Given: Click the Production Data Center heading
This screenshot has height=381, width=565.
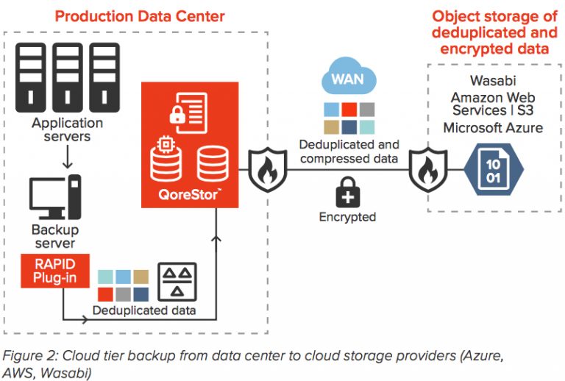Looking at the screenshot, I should pyautogui.click(x=140, y=15).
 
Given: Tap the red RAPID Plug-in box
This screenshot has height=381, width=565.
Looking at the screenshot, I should pyautogui.click(x=54, y=269).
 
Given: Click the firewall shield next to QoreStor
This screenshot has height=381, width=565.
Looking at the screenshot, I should pyautogui.click(x=263, y=169).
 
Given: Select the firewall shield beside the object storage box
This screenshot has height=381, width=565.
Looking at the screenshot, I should pyautogui.click(x=430, y=169).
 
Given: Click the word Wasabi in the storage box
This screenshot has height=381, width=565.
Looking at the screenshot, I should pyautogui.click(x=493, y=80).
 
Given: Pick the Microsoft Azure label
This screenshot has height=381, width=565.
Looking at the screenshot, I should pyautogui.click(x=493, y=128).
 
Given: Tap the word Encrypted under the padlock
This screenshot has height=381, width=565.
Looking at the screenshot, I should pyautogui.click(x=347, y=217).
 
